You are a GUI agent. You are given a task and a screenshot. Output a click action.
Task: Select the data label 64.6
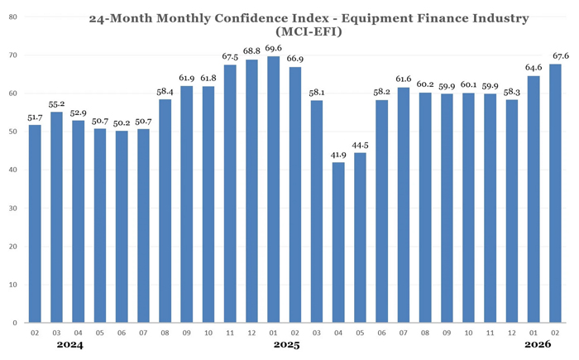tap(534, 68)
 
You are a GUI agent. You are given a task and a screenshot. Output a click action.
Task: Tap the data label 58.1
tap(317, 93)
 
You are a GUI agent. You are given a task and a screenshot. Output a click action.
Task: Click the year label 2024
tap(71, 345)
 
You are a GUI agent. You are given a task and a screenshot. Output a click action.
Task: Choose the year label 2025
tap(287, 345)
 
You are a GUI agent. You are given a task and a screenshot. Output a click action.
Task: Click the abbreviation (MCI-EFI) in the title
tap(287, 33)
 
